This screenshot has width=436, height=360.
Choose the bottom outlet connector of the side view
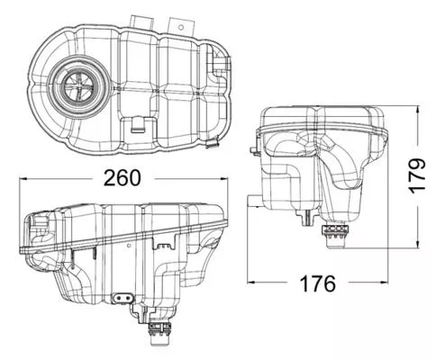coord(336,236)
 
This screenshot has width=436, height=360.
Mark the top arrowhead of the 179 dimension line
coord(420,107)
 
